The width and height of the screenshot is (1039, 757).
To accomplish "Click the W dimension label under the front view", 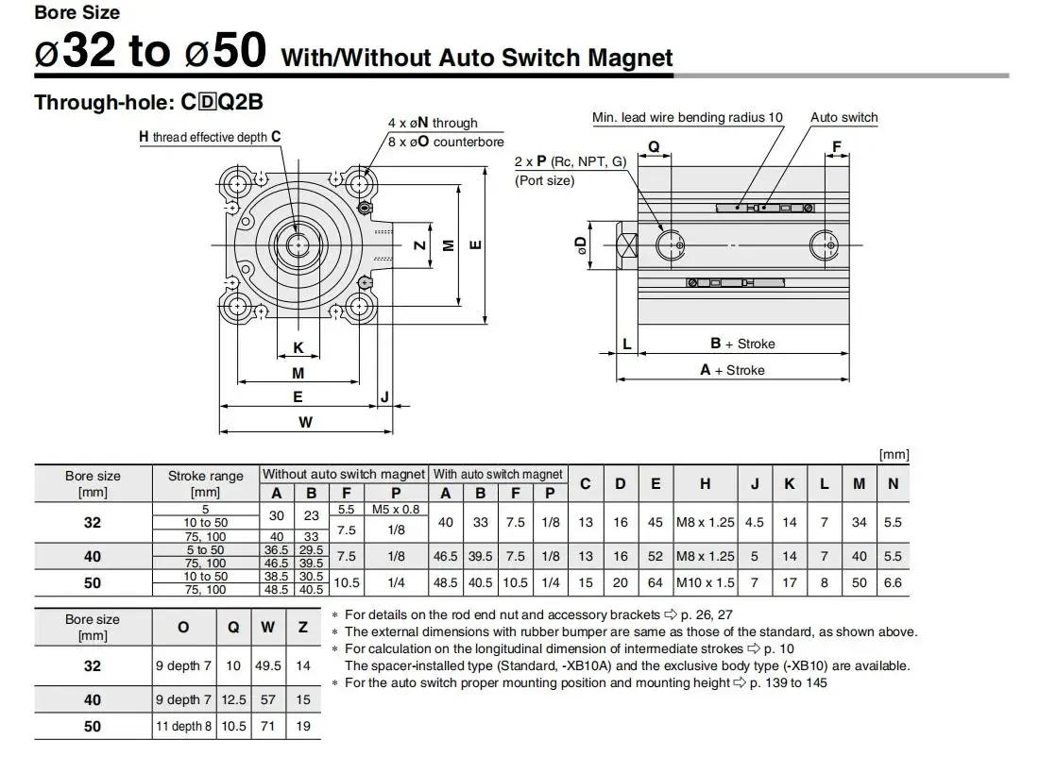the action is tap(305, 422).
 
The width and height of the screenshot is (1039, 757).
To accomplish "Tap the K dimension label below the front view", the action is tap(298, 347).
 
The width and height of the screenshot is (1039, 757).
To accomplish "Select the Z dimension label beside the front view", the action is tap(419, 245).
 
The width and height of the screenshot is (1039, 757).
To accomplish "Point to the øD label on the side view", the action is tap(581, 245).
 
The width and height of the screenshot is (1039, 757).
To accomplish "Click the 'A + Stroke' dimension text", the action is tap(732, 370).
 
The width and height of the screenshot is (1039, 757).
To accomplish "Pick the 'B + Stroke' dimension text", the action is tap(742, 344).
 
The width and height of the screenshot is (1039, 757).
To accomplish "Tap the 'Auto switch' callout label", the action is tap(844, 117).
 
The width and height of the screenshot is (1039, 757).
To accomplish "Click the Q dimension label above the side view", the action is tap(654, 146).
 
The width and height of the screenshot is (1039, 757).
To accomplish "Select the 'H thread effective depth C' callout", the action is tap(210, 137).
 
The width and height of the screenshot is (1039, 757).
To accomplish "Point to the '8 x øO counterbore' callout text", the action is tap(446, 142).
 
